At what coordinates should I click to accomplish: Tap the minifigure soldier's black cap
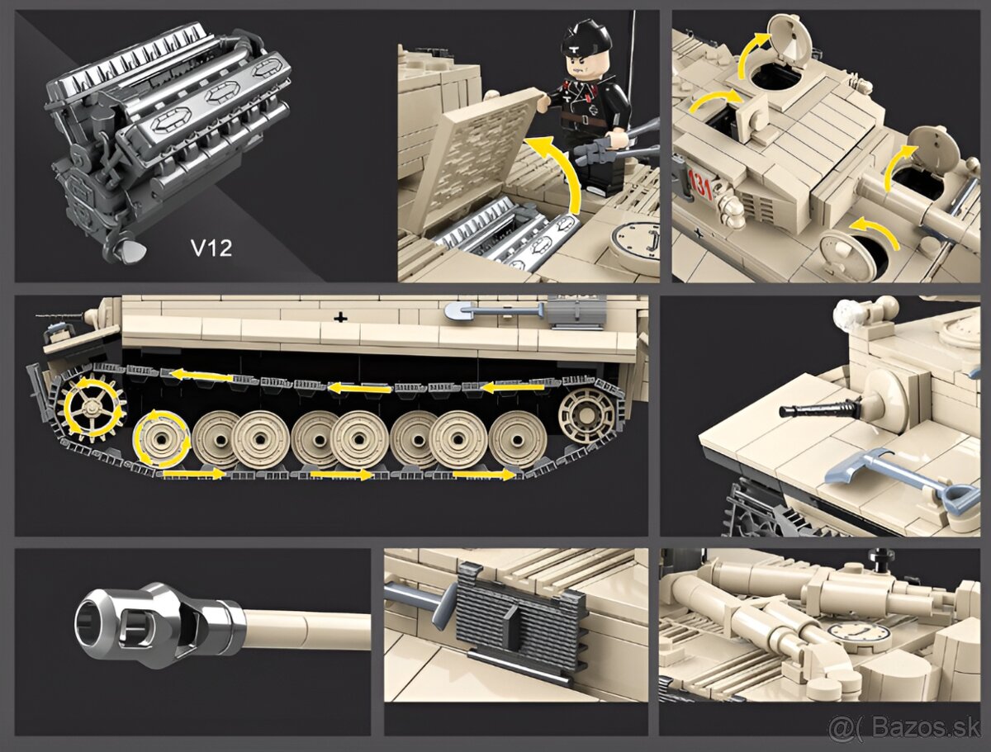tap(586, 37)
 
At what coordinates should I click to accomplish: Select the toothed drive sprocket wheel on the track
tap(92, 408)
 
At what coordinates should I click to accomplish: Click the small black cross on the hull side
tap(339, 316)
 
